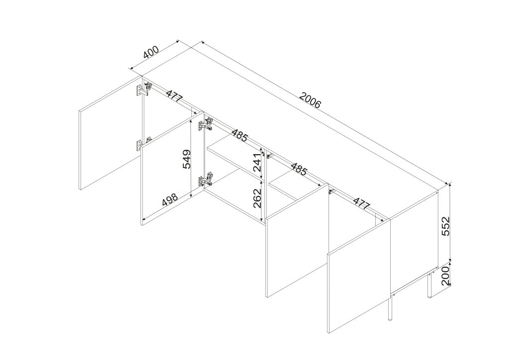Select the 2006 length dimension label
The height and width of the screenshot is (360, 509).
310,100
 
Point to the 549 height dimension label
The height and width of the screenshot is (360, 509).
187,159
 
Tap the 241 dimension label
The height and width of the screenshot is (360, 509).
257,163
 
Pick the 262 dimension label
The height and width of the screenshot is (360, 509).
257,199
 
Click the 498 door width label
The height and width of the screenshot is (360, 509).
170,199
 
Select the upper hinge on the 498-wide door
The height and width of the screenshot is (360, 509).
206,124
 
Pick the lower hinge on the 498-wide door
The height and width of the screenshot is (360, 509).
206,180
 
